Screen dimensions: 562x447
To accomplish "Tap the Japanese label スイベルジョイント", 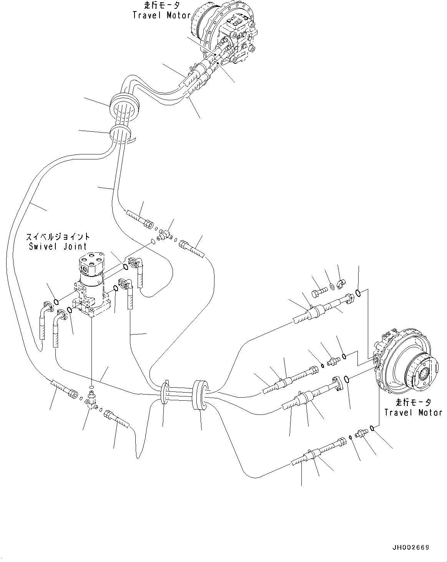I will [x=58, y=237].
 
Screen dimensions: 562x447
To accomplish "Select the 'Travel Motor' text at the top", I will [x=161, y=15].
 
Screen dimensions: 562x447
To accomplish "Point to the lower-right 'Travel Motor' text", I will [x=413, y=412].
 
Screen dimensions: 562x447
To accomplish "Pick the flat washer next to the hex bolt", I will [x=332, y=286].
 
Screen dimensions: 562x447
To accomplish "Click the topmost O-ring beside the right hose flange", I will [x=358, y=293].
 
